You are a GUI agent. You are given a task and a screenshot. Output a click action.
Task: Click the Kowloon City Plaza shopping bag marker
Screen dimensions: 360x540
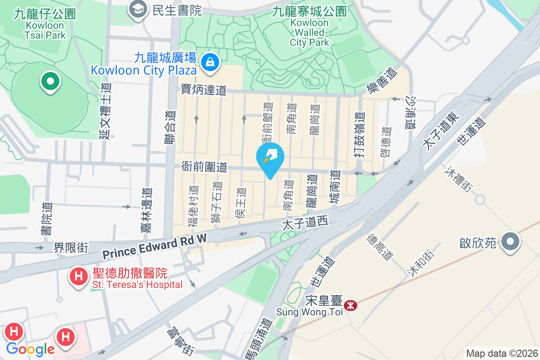(210, 62)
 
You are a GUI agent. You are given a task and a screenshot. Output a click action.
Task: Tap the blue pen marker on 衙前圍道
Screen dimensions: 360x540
(270, 157)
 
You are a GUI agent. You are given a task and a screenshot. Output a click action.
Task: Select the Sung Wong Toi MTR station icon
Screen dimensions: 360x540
(350, 306)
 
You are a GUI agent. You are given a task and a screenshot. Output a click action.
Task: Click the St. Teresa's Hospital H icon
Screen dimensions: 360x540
(79, 276)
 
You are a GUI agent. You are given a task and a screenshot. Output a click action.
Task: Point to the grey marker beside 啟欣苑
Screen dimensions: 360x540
(510, 242)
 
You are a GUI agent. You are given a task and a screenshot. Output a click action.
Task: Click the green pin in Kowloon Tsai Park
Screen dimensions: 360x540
(50, 81)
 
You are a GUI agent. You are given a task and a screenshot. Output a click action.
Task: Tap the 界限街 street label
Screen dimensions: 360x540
(71, 247)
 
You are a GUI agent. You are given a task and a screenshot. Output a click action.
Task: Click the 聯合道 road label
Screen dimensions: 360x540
(170, 128)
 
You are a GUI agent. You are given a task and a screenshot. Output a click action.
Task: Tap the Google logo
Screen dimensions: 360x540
(31, 349)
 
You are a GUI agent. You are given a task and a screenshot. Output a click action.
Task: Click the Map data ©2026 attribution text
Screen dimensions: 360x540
(501, 353)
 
